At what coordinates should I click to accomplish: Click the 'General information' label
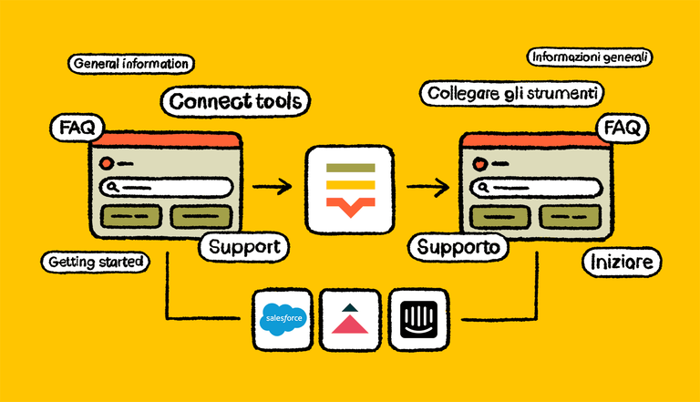coord(129,65)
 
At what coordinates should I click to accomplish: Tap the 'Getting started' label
coord(95,262)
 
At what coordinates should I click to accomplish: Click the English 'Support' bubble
coord(243,246)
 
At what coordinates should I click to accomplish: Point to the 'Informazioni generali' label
coord(590,57)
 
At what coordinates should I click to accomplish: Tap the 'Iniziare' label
coord(622,263)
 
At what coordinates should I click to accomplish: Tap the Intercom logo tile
coord(418,319)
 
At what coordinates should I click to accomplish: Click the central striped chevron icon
coord(350,190)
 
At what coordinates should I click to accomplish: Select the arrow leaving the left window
coord(272,188)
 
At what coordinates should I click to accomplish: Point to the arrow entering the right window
coord(427,188)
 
